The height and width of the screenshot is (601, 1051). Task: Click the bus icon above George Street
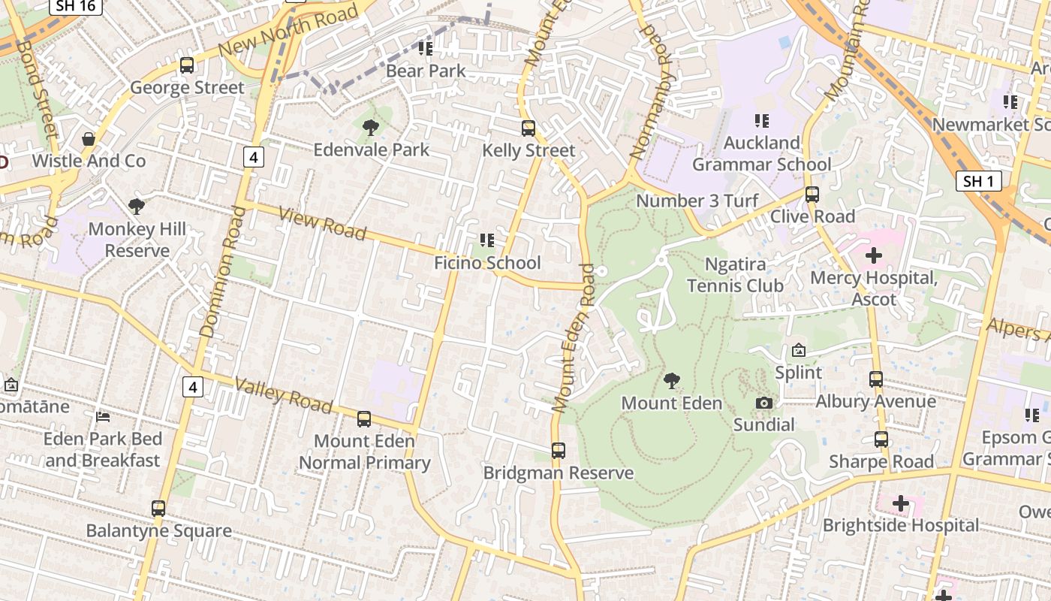[187, 65]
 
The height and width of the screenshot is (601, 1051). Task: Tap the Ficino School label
[487, 263]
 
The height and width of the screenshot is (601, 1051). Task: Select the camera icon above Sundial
[764, 403]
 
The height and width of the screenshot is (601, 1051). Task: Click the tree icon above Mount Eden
[672, 381]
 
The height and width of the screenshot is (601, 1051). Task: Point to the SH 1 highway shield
[979, 181]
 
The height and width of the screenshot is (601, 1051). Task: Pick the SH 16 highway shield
[76, 7]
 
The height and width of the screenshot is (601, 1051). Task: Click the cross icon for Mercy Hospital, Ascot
[874, 256]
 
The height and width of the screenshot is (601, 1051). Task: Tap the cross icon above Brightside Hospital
[901, 503]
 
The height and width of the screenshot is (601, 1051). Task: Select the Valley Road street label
[283, 395]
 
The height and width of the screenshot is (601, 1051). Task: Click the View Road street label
[322, 224]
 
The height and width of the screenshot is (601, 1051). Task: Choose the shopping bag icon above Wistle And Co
[89, 139]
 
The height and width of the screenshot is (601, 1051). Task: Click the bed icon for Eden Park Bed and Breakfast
[103, 416]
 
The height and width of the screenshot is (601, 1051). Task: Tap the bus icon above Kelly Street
[529, 128]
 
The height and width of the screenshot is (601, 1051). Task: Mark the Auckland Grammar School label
[761, 153]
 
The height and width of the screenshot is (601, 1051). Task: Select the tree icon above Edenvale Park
[370, 128]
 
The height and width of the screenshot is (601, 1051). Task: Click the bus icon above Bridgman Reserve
[558, 451]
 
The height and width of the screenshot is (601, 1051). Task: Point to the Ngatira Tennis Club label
[735, 275]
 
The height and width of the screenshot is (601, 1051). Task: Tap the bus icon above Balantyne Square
[158, 509]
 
